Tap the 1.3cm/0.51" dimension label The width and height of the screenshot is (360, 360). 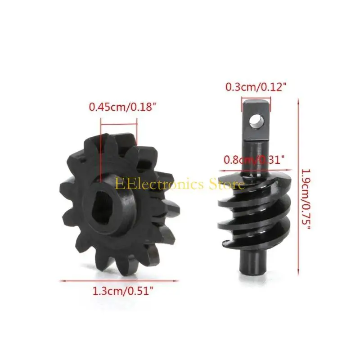coord(122,291)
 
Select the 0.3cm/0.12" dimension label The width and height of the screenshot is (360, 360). coord(256,87)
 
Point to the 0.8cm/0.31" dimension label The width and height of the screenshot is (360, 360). coord(254,160)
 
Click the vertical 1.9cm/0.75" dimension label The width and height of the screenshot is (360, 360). coord(306,199)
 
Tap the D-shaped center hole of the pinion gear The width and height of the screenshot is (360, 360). coord(103,208)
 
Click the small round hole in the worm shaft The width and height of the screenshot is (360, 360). coord(256,121)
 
